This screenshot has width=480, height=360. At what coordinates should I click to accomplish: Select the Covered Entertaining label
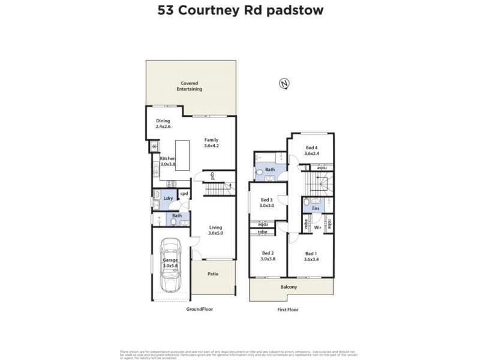coord(189,86)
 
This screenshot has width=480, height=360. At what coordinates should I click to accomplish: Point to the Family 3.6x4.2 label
coord(211,143)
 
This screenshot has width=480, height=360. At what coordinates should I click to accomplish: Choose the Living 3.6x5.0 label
coord(215,230)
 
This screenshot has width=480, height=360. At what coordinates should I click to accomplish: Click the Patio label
coord(213,274)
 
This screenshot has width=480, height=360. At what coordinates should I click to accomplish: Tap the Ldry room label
coord(169,198)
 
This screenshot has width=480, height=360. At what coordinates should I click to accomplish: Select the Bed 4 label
coord(312,151)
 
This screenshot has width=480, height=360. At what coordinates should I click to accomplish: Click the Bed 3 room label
coord(267,203)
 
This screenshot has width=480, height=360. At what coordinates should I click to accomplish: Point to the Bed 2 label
coord(267,256)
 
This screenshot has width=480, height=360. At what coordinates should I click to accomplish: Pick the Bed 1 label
coord(310,256)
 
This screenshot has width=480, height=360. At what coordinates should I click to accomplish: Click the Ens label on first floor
coord(316,208)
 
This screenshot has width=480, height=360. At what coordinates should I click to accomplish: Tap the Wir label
coord(318,227)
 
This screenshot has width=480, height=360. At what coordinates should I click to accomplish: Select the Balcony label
coord(289,287)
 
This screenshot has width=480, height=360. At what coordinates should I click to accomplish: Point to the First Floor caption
coord(287,310)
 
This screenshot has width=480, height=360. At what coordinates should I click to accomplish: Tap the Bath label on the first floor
coord(271,170)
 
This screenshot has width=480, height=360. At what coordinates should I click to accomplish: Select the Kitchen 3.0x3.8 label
coord(167,161)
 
